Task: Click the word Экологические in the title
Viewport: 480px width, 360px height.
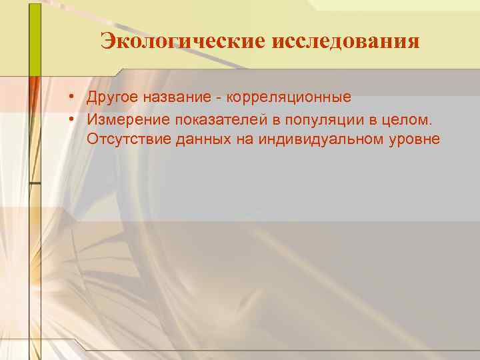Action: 183,41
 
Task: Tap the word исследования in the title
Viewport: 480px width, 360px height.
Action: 346,41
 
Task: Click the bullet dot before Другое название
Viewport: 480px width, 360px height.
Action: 69,98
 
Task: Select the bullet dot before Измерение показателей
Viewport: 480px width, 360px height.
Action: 69,119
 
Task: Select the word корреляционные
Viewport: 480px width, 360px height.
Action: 289,98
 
